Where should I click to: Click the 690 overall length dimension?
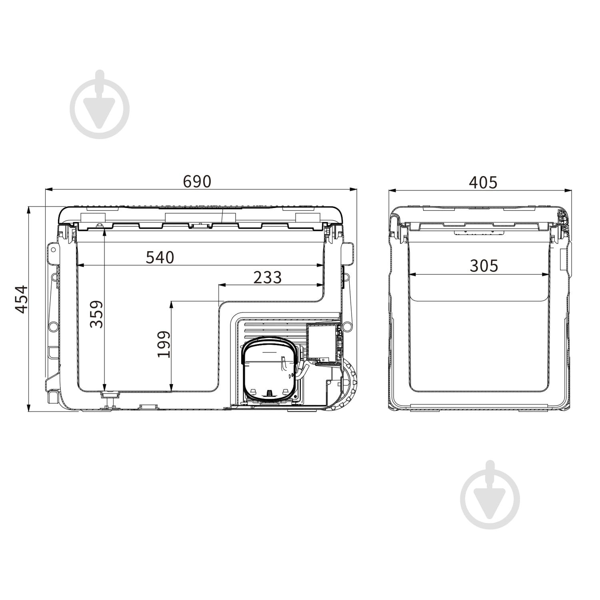pyautogui.click(x=197, y=182)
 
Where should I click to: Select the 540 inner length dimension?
pyautogui.click(x=160, y=257)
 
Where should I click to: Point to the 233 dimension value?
pyautogui.click(x=268, y=277)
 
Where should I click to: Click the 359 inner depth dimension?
pyautogui.click(x=96, y=314)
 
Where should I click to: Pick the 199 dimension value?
pyautogui.click(x=164, y=344)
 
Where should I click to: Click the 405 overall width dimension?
pyautogui.click(x=483, y=182)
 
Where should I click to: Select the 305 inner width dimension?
pyautogui.click(x=484, y=266)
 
